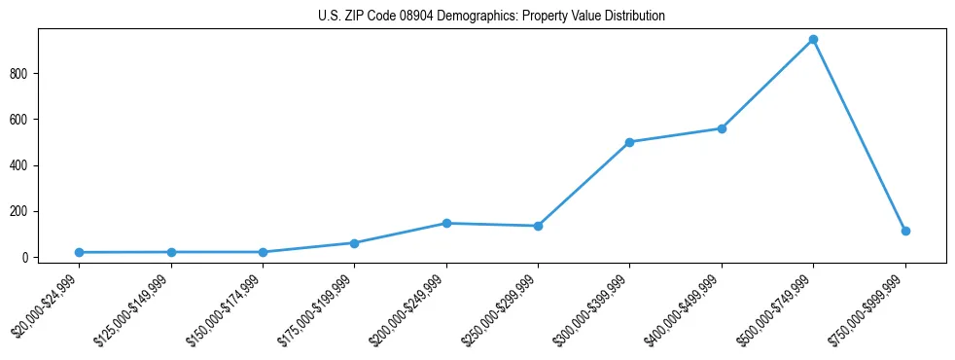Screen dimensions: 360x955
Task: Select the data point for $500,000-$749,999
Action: (x=813, y=40)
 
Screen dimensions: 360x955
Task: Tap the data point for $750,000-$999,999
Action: (x=905, y=231)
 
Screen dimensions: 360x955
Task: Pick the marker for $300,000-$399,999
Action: (x=629, y=142)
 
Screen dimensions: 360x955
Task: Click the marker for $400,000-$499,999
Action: (x=722, y=128)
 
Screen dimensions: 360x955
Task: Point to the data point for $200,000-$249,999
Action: (x=446, y=223)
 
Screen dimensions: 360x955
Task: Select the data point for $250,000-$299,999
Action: (x=538, y=226)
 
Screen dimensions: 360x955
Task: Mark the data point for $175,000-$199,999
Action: (x=354, y=243)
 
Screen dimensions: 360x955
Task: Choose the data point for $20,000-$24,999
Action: (x=79, y=252)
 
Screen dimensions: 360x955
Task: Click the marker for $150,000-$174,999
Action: (x=263, y=252)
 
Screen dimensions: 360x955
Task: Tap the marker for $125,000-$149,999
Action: (x=171, y=252)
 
